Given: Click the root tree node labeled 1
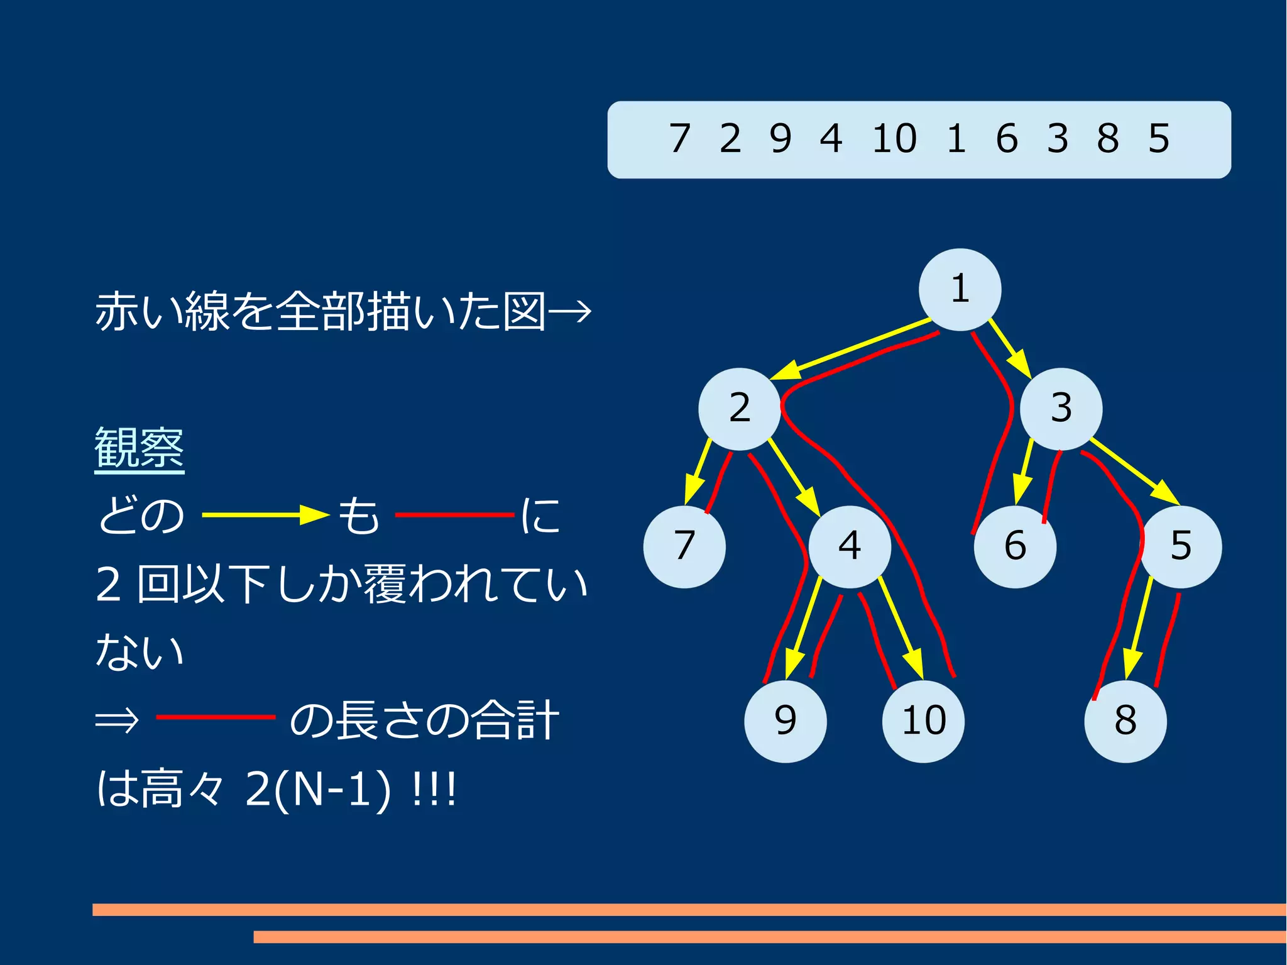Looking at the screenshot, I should [960, 289].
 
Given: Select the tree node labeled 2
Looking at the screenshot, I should [740, 409].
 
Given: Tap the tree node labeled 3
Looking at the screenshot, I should [1061, 409].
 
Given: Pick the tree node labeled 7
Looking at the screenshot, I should [684, 546].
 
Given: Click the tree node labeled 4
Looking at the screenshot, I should [850, 546].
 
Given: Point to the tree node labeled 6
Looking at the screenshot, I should [1015, 546].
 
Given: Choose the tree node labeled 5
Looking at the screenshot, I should [1181, 546].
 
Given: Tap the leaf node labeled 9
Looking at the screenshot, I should [786, 721].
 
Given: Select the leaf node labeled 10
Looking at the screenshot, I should [923, 721].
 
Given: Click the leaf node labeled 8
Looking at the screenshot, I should [1125, 721].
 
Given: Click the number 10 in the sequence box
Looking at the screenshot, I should [894, 139].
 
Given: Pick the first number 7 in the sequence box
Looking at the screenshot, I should [680, 139].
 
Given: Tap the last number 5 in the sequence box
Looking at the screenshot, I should [1159, 139].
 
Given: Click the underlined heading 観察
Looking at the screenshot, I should [139, 448].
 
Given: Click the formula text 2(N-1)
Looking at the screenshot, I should [317, 789].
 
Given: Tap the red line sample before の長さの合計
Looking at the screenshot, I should [216, 717].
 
